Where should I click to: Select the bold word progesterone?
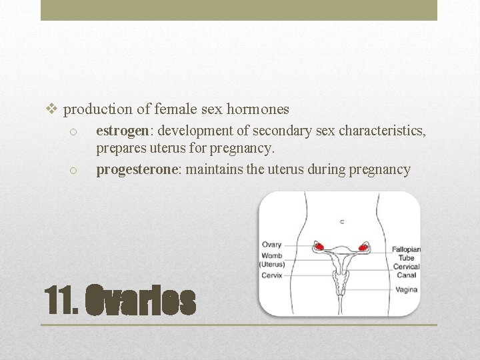click(x=137, y=169)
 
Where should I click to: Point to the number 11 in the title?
click(x=58, y=302)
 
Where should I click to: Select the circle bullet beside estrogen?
click(x=75, y=131)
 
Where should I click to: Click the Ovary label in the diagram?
click(x=271, y=245)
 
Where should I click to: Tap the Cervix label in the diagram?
click(x=272, y=275)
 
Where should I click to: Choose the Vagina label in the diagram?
click(x=406, y=290)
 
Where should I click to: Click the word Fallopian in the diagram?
click(x=406, y=249)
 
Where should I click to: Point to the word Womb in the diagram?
click(x=272, y=255)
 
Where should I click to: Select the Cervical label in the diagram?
click(x=406, y=266)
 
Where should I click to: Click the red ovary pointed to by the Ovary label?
click(x=319, y=247)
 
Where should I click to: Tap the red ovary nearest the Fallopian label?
click(x=364, y=247)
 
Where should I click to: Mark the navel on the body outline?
click(x=342, y=220)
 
